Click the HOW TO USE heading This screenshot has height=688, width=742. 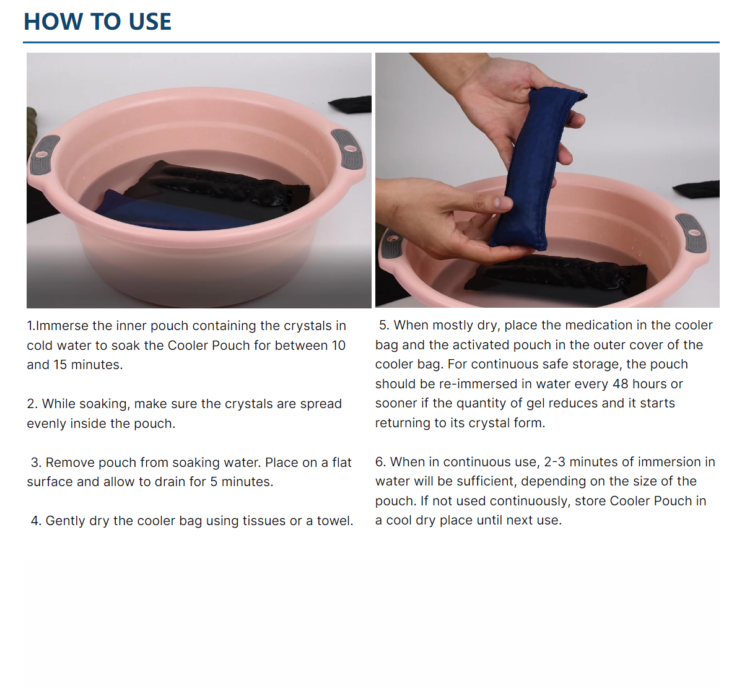(97, 22)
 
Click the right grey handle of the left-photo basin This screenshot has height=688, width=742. (348, 149)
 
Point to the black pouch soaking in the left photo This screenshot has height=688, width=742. (222, 187)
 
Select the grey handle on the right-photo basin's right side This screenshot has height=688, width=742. (691, 233)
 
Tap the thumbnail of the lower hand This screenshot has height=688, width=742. (503, 203)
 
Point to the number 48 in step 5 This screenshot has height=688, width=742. (621, 384)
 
